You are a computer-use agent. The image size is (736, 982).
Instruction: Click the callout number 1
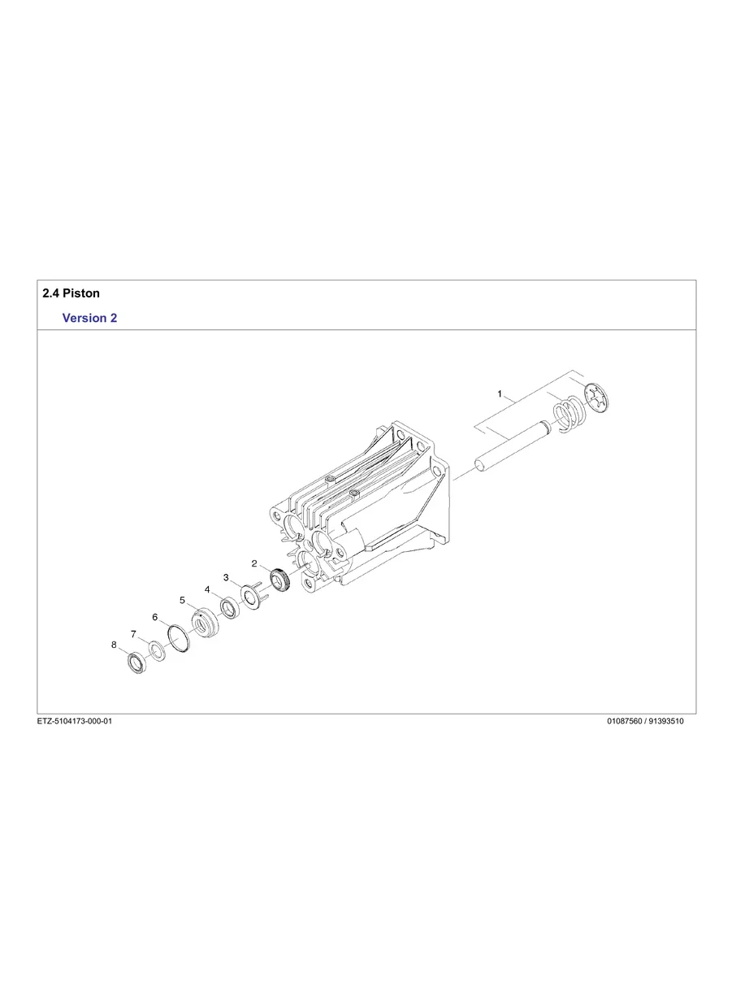coord(500,393)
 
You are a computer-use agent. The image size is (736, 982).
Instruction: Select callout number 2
coord(254,563)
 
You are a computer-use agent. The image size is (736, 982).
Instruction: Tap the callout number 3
coord(226,577)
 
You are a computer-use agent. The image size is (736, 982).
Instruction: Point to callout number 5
coord(183,601)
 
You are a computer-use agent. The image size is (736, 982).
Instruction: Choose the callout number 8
coord(114,645)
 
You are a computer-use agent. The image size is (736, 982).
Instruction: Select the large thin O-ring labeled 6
coord(179,639)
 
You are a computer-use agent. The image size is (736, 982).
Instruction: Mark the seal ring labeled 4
coord(228,609)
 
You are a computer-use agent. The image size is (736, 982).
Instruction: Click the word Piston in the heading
coord(81,293)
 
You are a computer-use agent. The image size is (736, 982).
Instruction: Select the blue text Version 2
coord(89,318)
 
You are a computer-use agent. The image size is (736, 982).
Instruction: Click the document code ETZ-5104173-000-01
coord(74,721)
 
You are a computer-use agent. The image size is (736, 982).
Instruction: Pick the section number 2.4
coord(50,293)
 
